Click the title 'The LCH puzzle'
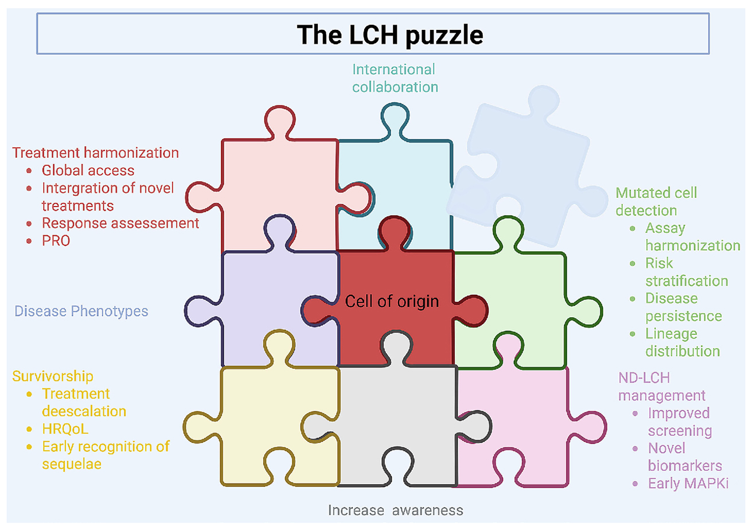[x=389, y=34]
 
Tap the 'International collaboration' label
[x=395, y=78]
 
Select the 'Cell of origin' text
[x=392, y=301]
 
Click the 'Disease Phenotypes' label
[x=81, y=311]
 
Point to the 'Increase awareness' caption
[x=395, y=509]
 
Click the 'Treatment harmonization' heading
[x=96, y=153]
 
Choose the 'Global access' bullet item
[x=88, y=170]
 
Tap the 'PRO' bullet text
[x=56, y=241]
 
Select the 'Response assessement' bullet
[x=120, y=223]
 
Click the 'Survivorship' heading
[x=53, y=376]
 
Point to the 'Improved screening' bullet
[x=680, y=422]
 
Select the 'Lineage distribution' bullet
[x=682, y=342]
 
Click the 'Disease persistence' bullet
[x=683, y=307]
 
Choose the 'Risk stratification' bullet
[x=686, y=272]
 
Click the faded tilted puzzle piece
[x=528, y=172]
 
